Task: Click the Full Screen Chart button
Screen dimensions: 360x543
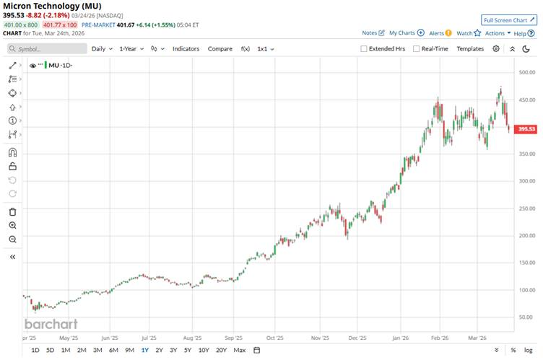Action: tap(510, 20)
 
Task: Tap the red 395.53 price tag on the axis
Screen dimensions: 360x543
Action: tap(526, 129)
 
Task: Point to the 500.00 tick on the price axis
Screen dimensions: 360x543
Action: tap(526, 72)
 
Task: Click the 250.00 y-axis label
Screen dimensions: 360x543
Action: tap(526, 208)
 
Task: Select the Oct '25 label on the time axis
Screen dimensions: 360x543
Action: tap(276, 336)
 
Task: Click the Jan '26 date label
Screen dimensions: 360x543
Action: tap(402, 336)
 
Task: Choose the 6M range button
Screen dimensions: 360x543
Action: tap(113, 350)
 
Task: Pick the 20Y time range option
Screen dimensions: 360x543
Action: tap(221, 350)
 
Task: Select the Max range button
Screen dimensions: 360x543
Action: tap(240, 350)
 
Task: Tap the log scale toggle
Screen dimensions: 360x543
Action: tap(528, 350)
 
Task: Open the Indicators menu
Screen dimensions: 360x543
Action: tap(186, 48)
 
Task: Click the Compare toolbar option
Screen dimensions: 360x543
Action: tap(220, 48)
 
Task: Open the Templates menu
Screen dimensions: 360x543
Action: tap(470, 48)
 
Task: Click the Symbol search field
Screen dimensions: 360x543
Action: tap(46, 48)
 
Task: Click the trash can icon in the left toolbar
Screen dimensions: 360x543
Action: tap(12, 211)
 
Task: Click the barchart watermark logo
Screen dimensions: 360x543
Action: tap(51, 324)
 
